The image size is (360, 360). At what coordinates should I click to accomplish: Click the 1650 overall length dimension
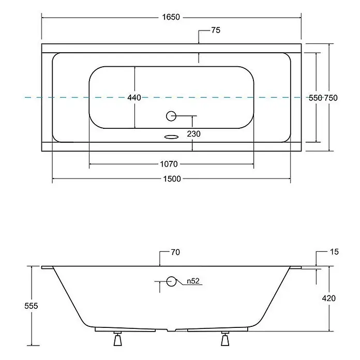171,17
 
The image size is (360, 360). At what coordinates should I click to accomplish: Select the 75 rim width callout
216,30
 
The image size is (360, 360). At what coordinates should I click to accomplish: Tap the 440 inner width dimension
134,98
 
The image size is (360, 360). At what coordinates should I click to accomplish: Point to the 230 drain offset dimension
193,133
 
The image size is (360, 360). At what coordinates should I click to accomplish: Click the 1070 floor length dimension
169,164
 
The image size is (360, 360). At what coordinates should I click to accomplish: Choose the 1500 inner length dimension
172,178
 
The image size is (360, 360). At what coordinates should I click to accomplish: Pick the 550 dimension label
315,98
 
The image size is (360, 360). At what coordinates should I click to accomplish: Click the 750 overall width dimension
331,98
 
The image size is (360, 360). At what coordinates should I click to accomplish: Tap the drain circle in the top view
171,116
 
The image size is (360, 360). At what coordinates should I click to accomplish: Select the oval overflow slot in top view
172,137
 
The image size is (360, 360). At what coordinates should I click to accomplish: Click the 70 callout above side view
175,252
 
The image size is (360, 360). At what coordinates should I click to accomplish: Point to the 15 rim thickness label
334,251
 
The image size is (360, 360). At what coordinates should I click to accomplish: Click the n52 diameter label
193,281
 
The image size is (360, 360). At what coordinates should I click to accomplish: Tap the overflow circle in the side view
171,281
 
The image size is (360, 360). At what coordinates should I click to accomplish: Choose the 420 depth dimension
329,298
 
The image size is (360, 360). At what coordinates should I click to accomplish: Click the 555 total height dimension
31,306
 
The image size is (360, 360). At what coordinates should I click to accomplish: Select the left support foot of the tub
118,339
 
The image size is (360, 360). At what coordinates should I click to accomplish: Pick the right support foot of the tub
225,339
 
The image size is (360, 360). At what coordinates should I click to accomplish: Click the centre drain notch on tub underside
171,330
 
